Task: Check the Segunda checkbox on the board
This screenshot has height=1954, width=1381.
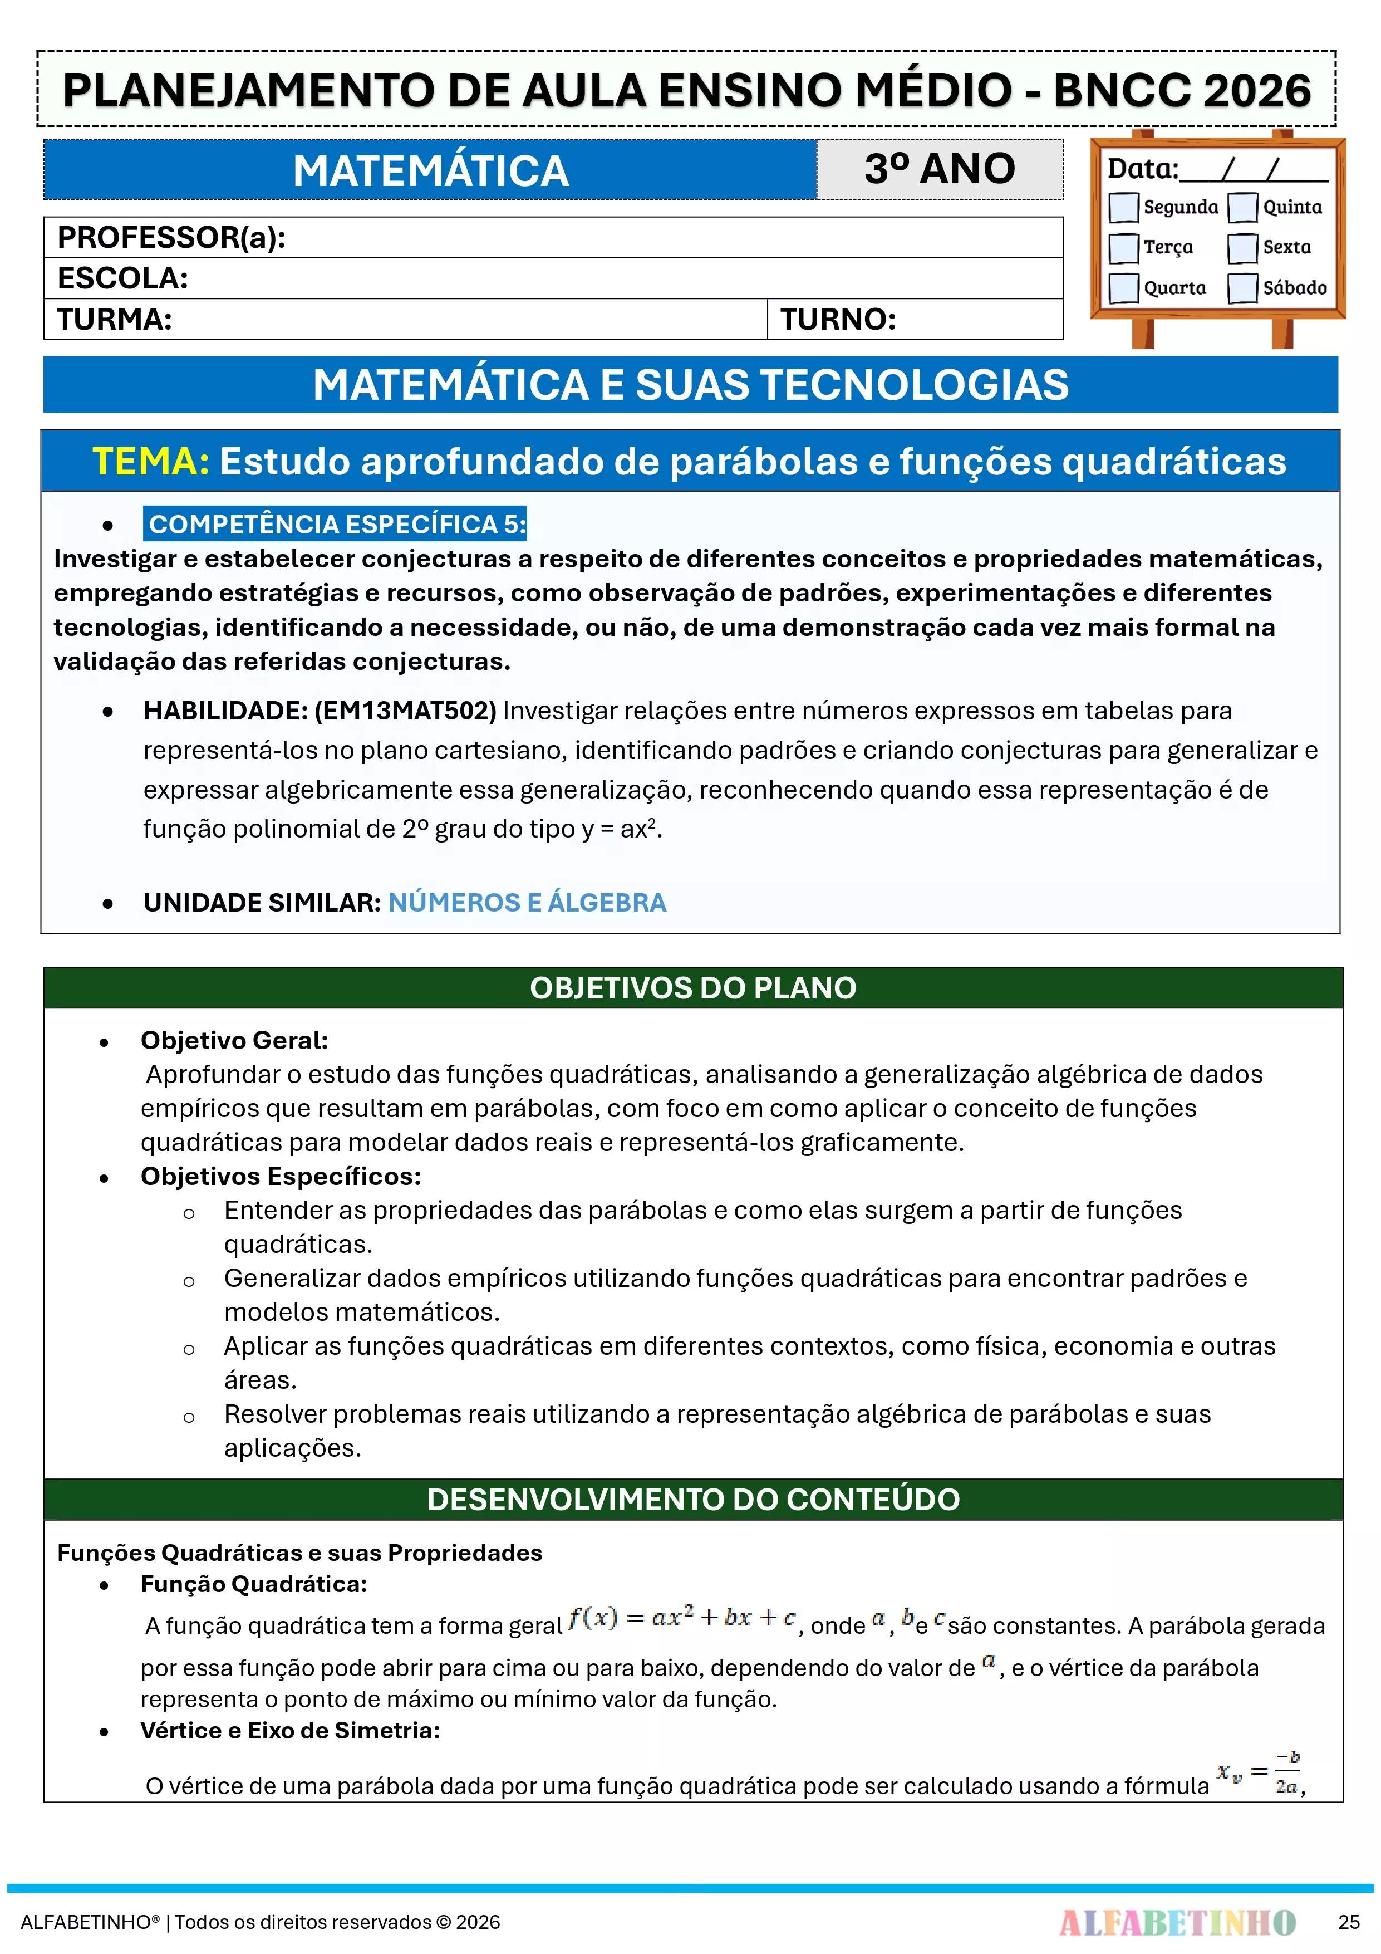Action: coord(1123,207)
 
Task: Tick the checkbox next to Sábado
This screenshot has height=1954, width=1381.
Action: coord(1242,288)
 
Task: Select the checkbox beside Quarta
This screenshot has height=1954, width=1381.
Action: coord(1123,288)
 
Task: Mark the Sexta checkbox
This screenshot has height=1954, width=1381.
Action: coord(1242,248)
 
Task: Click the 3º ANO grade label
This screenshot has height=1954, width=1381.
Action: coord(940,169)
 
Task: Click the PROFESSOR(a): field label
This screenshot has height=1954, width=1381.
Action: coord(171,237)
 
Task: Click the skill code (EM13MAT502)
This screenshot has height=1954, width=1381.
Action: coord(405,711)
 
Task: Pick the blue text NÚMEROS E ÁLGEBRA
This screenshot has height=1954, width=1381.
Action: coord(527,902)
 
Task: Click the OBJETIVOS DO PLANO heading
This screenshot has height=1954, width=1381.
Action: coord(692,988)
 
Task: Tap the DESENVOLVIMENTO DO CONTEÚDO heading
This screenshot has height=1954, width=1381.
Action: coord(692,1500)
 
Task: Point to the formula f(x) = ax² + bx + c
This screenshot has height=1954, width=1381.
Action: coord(681,1618)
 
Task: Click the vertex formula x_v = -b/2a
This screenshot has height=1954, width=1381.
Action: coord(1257,1774)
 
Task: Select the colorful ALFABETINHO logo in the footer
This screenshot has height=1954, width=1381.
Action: coord(1177,1922)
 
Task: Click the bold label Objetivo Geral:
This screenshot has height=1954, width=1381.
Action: coord(234,1040)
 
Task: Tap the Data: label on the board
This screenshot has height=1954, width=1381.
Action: coord(1142,169)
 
